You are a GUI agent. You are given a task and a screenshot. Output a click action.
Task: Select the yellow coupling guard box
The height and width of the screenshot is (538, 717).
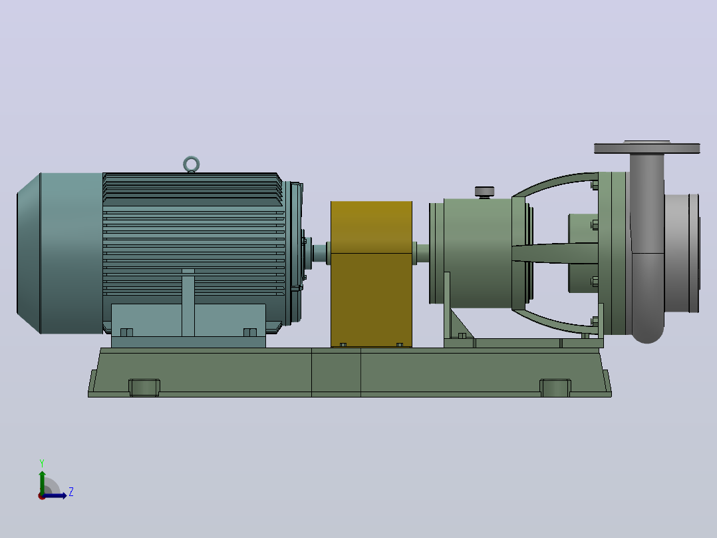(x=371, y=274)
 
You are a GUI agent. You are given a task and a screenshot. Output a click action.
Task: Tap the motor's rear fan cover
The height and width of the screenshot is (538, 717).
(x=60, y=253)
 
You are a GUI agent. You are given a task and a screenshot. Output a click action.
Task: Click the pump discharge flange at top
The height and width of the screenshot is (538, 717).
(x=646, y=148)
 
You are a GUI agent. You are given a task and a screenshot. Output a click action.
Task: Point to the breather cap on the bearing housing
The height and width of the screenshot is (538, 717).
(x=484, y=191)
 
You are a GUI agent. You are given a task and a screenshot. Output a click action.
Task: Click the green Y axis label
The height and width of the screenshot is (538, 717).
(x=42, y=463)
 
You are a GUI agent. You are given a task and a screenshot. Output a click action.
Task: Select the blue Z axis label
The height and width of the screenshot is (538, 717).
(x=71, y=492)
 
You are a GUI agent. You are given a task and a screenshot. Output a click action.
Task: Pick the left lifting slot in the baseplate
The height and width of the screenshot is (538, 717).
(x=144, y=388)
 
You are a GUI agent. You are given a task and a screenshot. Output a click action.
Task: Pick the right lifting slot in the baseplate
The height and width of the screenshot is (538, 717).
(x=555, y=388)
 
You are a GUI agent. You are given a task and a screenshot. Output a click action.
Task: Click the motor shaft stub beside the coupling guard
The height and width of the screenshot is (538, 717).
(x=320, y=253)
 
